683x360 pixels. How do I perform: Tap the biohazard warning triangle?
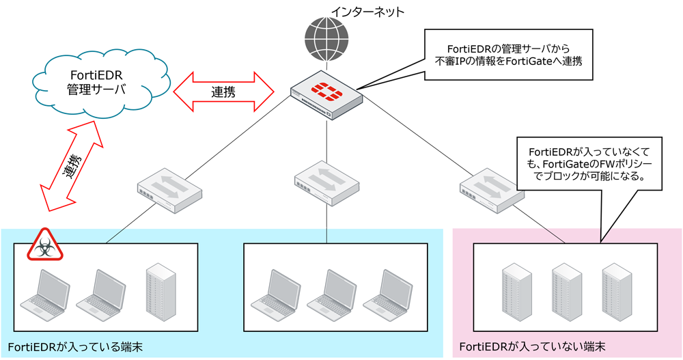click(x=44, y=247)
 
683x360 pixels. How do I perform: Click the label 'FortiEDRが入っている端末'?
click(x=76, y=347)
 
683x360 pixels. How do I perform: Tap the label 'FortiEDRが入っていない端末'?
click(x=533, y=347)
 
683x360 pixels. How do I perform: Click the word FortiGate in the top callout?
click(x=544, y=60)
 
